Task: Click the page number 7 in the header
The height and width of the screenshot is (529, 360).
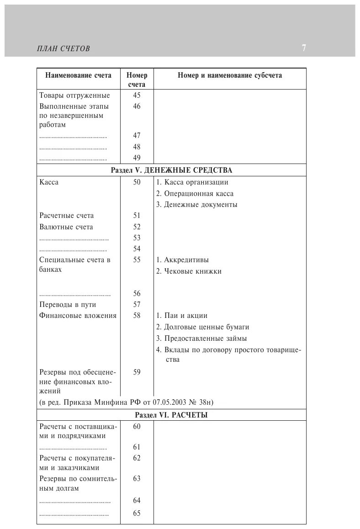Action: [x=304, y=48]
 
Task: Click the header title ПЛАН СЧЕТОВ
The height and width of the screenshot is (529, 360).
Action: [x=63, y=48]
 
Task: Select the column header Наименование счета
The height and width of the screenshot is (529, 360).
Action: [x=78, y=75]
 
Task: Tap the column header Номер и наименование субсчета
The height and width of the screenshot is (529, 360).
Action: [x=230, y=75]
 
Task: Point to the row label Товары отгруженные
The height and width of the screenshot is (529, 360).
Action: [x=74, y=95]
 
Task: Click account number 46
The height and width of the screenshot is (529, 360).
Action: [x=137, y=106]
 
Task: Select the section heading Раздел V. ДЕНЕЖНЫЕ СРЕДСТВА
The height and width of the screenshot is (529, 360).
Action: [x=171, y=170]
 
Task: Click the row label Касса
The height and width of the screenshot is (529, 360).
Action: [x=49, y=182]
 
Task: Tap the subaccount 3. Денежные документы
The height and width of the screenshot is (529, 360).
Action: [x=196, y=205]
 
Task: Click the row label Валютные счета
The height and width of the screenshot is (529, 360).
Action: [x=66, y=227]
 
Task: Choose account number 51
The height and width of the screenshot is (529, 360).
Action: [x=137, y=216]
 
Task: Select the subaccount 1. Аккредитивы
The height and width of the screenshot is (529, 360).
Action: [x=182, y=260]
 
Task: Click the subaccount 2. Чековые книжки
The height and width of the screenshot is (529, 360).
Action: [x=189, y=271]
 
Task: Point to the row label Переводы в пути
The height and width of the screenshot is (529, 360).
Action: [x=68, y=305]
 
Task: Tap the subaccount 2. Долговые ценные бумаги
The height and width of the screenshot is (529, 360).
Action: [x=202, y=327]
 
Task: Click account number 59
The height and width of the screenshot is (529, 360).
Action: [x=137, y=372]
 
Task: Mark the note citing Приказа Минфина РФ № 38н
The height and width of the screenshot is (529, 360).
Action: [x=127, y=402]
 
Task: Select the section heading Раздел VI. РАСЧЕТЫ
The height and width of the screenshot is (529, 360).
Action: [x=171, y=415]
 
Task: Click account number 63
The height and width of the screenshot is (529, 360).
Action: [x=137, y=478]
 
